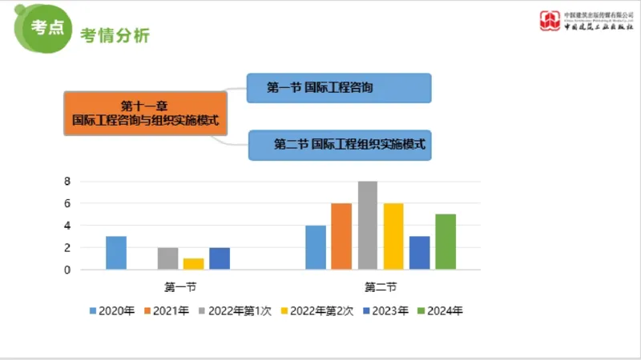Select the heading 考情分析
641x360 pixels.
115,36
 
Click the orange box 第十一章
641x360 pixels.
145,113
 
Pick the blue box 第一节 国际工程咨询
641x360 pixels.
339,88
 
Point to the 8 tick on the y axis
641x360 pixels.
68,182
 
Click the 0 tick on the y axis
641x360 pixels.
68,270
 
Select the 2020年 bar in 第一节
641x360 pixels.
116,253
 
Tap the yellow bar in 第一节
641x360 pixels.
193,264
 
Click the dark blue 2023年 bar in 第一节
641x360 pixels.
220,258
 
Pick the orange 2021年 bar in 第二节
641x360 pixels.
341,237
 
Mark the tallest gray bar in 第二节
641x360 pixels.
368,226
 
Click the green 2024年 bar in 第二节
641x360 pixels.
445,242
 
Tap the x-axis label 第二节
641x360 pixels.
381,286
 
